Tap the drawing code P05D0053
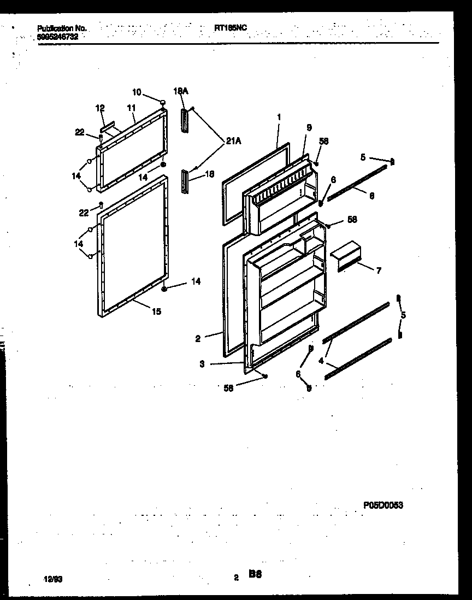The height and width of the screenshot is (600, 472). coord(383,506)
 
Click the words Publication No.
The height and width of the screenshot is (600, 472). coord(61,28)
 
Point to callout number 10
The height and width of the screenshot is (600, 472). coord(136,92)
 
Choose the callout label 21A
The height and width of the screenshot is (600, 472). coord(233,142)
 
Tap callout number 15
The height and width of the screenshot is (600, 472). coord(156,312)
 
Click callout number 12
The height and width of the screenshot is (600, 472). coord(100,109)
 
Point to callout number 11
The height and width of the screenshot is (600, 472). coord(131,109)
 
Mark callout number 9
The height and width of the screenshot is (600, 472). coord(309,127)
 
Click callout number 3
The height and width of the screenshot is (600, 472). coord(202,364)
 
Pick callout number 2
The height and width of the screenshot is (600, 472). coord(198,338)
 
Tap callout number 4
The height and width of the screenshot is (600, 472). coord(321,361)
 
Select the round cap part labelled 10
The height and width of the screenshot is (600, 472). coord(162,102)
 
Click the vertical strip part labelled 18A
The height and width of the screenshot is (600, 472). coord(184,120)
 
